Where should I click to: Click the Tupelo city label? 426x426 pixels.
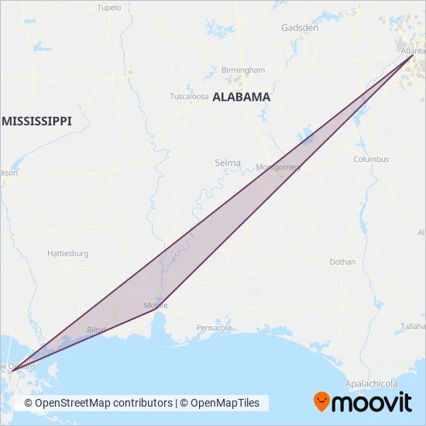[x=109, y=8]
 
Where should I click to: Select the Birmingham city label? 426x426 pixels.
[x=242, y=70]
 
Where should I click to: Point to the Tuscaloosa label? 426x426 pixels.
[x=189, y=97]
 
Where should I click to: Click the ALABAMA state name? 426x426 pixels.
[x=241, y=98]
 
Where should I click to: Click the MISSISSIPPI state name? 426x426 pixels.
[x=36, y=122]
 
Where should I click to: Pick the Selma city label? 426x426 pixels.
[x=228, y=163]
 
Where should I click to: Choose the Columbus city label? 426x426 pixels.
[x=371, y=159]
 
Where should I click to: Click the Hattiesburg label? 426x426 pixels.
[x=68, y=253]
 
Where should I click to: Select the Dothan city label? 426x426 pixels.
[x=342, y=262]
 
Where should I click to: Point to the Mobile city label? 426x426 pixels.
[x=156, y=306]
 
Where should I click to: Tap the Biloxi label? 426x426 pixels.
[x=95, y=329]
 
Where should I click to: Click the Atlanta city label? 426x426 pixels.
[x=414, y=52]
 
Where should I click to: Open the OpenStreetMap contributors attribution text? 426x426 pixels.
[x=98, y=403]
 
